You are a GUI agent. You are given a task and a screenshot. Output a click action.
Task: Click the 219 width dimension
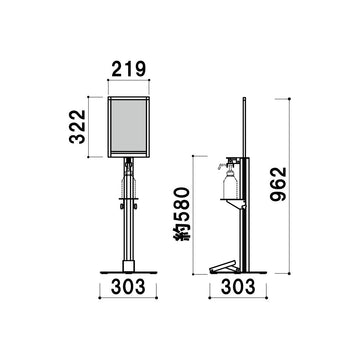point(129,69)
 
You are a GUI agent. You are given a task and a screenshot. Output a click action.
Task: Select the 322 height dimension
point(77,127)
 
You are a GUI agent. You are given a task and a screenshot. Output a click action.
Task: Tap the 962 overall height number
point(279,184)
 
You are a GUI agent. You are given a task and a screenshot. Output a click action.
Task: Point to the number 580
point(182,205)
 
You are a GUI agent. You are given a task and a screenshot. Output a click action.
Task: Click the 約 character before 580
point(182,232)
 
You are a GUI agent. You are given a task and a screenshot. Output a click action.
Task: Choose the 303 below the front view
point(128,287)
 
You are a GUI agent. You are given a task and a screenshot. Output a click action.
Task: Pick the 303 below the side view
point(238,287)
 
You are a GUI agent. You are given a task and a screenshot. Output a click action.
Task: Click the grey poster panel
point(128,126)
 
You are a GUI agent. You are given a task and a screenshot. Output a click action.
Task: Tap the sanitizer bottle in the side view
point(230,184)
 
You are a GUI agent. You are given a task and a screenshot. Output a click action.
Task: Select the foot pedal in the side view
point(224,267)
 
